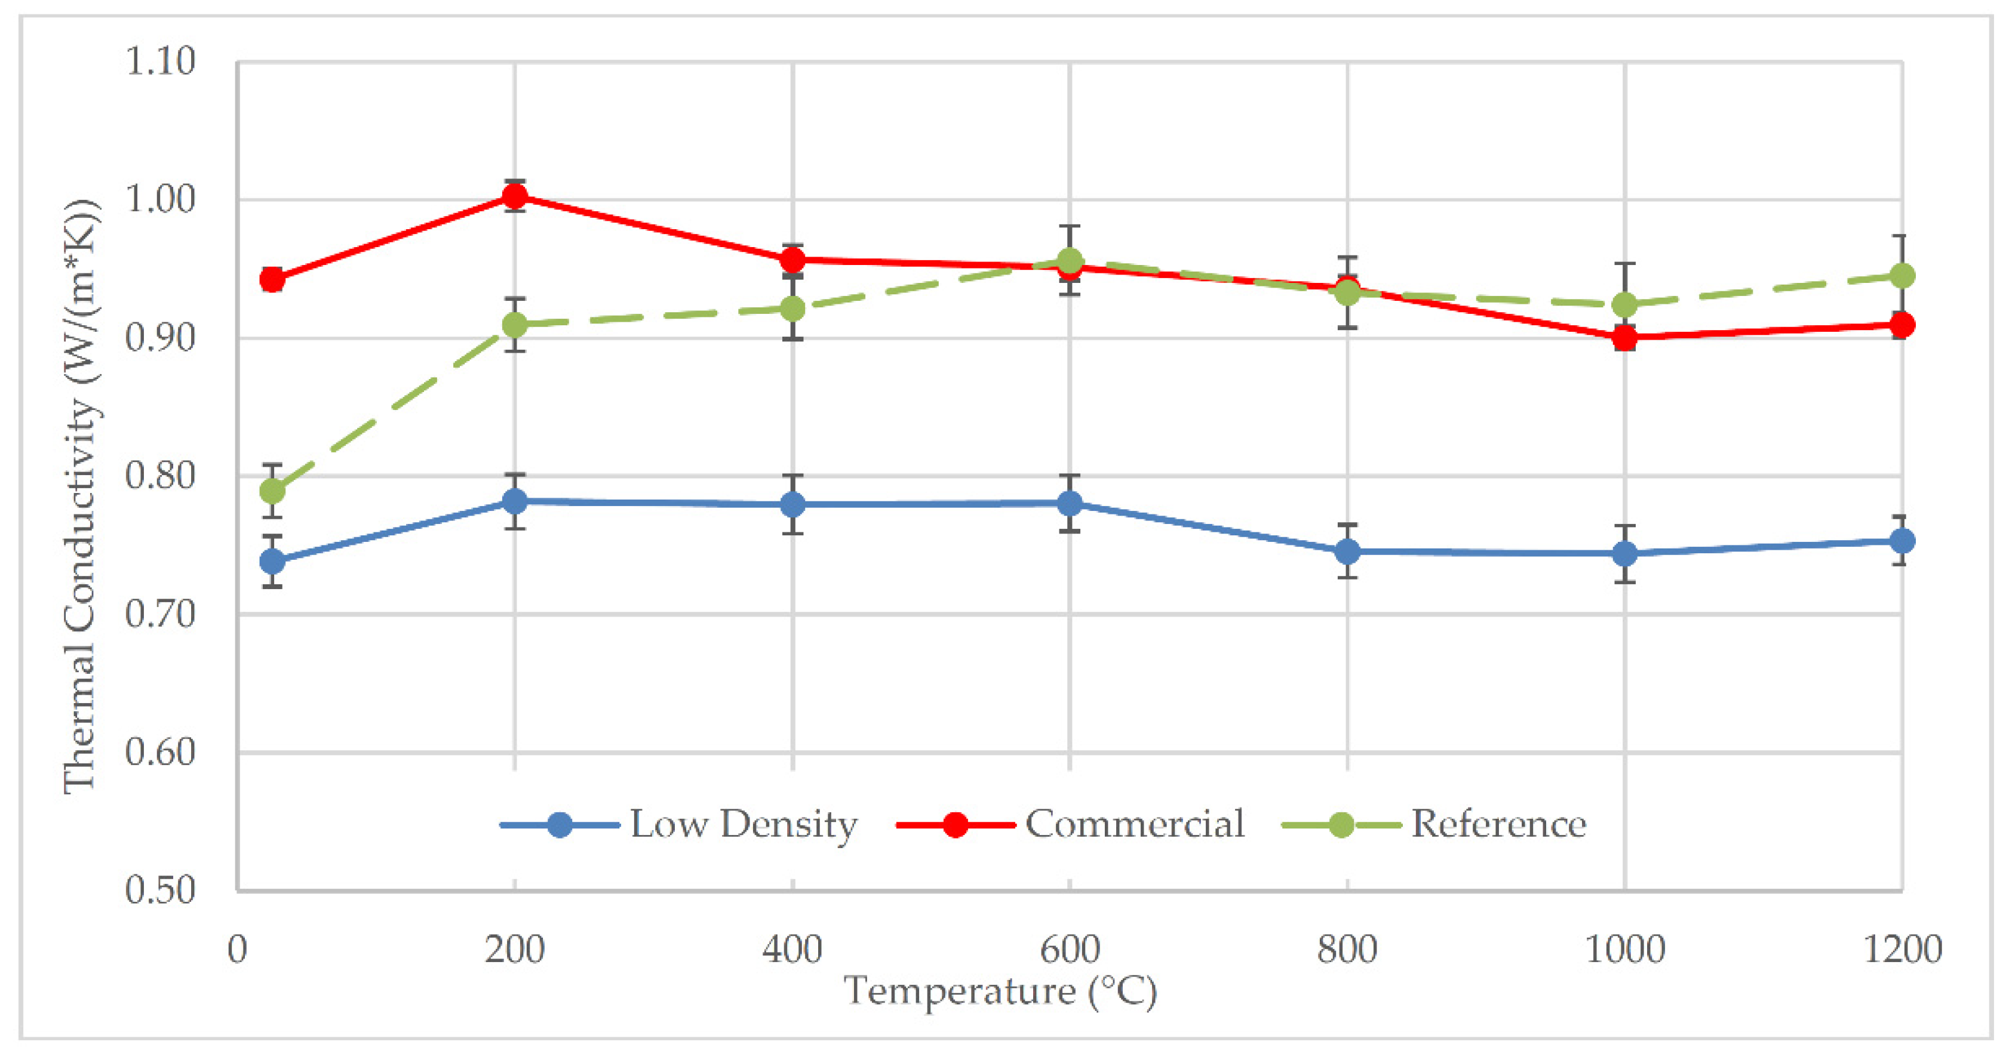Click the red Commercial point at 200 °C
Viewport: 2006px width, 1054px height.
(x=514, y=197)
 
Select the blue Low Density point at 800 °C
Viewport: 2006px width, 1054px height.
(x=1347, y=551)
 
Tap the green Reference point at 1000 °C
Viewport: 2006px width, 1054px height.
(x=1624, y=304)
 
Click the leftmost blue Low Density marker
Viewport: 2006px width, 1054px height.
(x=272, y=560)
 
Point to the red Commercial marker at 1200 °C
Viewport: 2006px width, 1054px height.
(x=1901, y=325)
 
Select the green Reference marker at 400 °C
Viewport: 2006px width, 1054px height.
(x=792, y=309)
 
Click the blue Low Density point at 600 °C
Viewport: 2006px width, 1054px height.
(x=1070, y=503)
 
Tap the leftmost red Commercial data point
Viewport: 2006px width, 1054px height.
(x=272, y=279)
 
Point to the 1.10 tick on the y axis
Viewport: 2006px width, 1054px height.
(x=159, y=61)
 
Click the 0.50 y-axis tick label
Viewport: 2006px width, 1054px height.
(x=159, y=890)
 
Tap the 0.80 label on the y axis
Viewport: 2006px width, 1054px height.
(x=159, y=476)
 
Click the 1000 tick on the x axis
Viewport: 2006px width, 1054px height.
(x=1624, y=950)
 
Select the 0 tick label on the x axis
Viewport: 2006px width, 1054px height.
(x=236, y=950)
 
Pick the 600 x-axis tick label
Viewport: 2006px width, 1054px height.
(x=1070, y=950)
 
